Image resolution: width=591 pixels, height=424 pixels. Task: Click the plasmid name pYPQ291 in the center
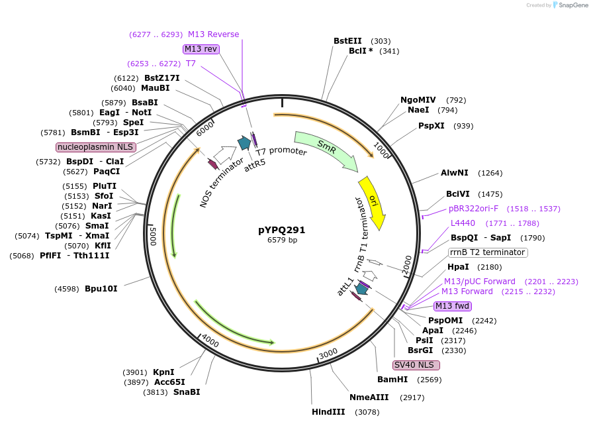282,230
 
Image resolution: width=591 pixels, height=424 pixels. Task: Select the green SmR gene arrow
326,150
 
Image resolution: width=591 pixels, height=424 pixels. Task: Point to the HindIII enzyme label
328,412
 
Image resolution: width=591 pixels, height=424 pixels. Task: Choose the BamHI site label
392,380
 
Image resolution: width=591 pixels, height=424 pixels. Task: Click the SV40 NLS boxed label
416,365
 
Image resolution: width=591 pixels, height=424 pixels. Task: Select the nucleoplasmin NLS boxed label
96,147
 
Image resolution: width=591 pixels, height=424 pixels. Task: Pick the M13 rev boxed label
201,49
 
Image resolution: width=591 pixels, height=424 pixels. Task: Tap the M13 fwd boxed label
452,306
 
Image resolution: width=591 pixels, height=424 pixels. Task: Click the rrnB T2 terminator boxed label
488,252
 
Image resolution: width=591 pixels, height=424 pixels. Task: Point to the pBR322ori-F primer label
473,209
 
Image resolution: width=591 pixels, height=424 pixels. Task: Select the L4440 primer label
463,223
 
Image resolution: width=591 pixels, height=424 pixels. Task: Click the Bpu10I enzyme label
101,289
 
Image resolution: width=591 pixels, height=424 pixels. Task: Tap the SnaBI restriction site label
187,392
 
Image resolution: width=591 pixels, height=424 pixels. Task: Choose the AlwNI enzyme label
455,173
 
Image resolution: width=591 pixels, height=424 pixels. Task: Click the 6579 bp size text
282,240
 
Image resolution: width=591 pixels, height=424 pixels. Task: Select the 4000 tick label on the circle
210,341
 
